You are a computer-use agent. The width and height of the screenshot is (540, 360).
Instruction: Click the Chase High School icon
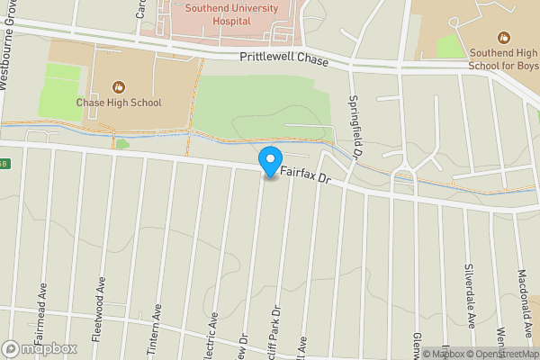tap(118, 86)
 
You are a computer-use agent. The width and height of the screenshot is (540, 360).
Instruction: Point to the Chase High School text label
tap(118, 103)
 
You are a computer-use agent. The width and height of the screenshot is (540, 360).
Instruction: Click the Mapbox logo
tap(39, 348)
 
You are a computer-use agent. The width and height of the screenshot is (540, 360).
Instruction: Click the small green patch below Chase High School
tap(121, 143)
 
